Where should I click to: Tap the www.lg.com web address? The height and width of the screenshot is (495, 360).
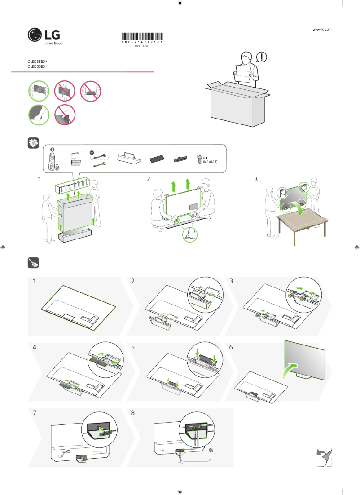321,29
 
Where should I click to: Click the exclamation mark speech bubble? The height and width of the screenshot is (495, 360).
262,57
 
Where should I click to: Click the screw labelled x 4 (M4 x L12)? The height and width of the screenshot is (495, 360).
199,158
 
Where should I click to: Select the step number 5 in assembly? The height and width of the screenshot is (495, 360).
133,347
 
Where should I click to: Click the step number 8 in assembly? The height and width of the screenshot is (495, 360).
133,412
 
